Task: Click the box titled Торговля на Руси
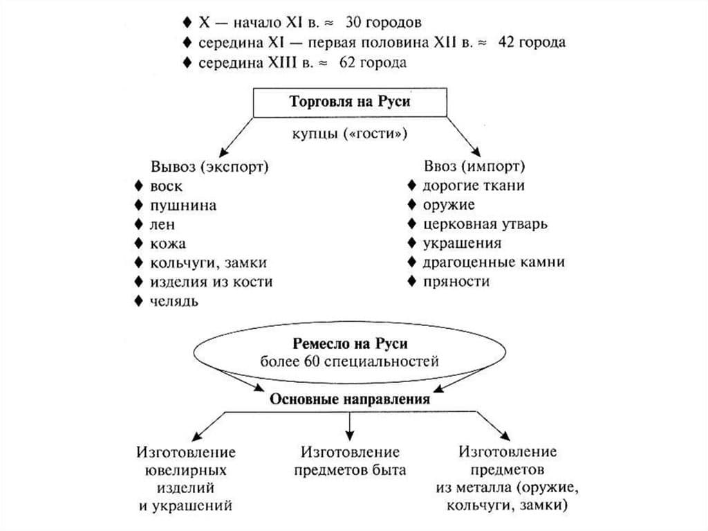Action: [349, 102]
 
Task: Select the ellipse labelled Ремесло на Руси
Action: [349, 352]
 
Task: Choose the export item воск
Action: [166, 186]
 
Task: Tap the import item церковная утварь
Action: [485, 224]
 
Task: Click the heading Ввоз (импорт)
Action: [474, 167]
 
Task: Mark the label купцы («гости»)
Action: [349, 134]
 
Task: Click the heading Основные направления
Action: [350, 399]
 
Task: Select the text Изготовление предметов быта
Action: [350, 461]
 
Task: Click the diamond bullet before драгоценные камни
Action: [412, 262]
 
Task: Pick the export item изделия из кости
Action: [211, 282]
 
